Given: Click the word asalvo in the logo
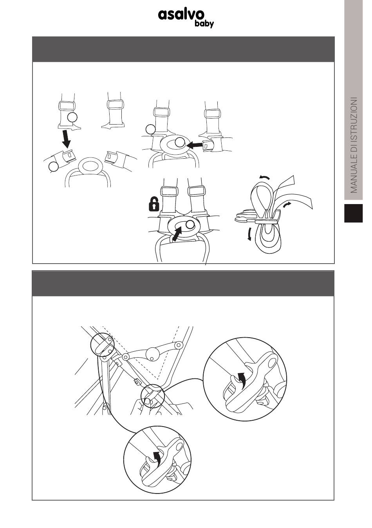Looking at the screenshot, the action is [181, 15].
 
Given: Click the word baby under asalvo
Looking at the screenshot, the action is [204, 24].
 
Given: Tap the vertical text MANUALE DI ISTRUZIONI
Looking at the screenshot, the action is [354, 145].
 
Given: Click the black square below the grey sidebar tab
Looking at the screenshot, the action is [353, 213].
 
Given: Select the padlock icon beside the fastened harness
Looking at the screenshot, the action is [154, 204].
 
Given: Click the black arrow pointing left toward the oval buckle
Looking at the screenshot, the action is [197, 145].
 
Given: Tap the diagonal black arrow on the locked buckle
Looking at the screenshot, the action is [177, 233].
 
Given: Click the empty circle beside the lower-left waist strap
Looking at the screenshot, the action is [53, 167].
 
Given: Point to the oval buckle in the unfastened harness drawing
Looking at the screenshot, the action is [90, 166].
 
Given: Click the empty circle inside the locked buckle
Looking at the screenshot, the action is [190, 225].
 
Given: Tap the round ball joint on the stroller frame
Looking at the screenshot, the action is [152, 354].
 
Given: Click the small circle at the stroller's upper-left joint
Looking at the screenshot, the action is [102, 346].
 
